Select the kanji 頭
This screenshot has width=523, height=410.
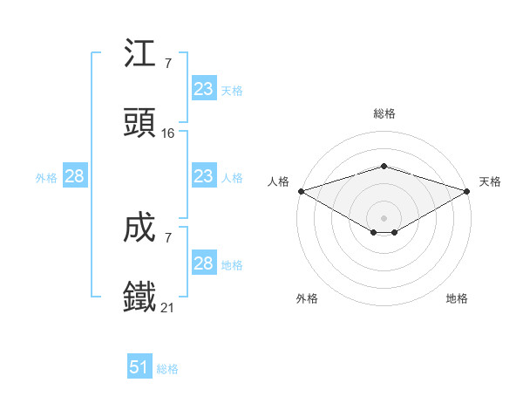click(x=140, y=123)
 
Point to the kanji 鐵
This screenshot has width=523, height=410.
click(x=140, y=297)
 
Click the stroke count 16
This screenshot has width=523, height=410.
click(x=168, y=133)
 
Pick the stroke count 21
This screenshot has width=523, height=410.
click(x=168, y=308)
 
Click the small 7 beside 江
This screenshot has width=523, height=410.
click(x=167, y=64)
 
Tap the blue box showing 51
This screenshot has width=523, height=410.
click(x=139, y=367)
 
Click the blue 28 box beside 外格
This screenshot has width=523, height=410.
click(x=74, y=177)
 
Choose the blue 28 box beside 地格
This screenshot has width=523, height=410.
click(x=203, y=263)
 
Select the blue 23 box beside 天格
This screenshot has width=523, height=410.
click(x=203, y=89)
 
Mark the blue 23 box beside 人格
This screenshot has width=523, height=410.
click(x=203, y=176)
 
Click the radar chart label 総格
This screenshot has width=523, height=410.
click(x=384, y=113)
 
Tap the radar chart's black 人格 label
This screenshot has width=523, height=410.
click(x=278, y=181)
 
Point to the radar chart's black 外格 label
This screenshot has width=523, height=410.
click(x=307, y=298)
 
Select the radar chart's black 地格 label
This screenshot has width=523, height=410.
click(x=457, y=298)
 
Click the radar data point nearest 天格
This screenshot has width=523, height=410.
click(x=467, y=191)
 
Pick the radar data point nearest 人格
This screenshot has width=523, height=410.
click(x=301, y=191)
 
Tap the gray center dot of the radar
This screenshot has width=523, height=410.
click(x=384, y=217)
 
